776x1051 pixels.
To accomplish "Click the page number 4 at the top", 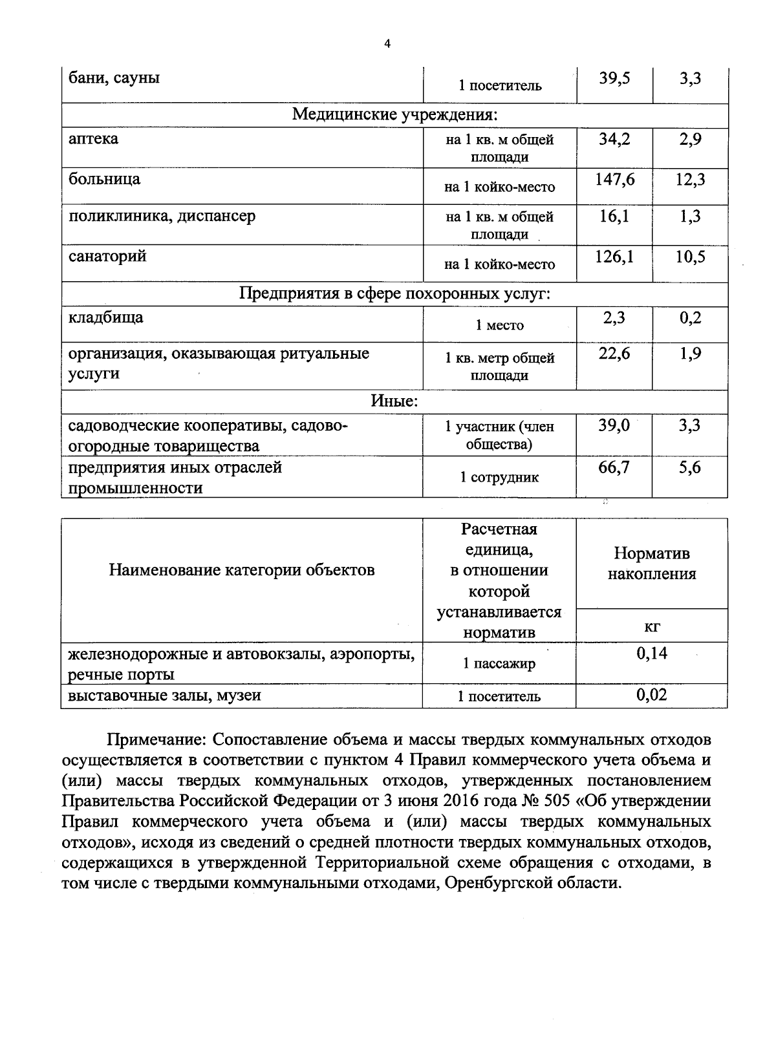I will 387,45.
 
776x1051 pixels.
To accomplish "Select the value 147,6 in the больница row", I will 614,180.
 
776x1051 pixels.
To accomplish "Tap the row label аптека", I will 94,139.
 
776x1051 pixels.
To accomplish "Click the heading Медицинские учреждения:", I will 394,115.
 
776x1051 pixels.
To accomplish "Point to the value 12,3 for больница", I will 690,180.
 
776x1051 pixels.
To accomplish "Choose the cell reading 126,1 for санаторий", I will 614,257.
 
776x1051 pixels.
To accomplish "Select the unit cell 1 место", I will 499,326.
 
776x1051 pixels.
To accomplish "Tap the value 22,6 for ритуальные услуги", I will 614,354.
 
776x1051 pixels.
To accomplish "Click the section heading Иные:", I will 394,401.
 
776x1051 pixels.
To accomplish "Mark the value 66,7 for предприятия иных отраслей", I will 614,467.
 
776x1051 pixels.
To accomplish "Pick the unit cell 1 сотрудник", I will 499,478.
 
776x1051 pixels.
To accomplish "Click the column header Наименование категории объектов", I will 241,570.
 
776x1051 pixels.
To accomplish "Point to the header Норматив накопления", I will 651,564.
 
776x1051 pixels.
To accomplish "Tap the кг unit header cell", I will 651,626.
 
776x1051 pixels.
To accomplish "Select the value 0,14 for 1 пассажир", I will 651,653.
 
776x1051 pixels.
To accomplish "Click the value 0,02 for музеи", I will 651,695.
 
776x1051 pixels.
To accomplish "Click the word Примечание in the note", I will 155,739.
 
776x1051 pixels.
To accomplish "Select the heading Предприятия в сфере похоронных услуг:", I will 394,294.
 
